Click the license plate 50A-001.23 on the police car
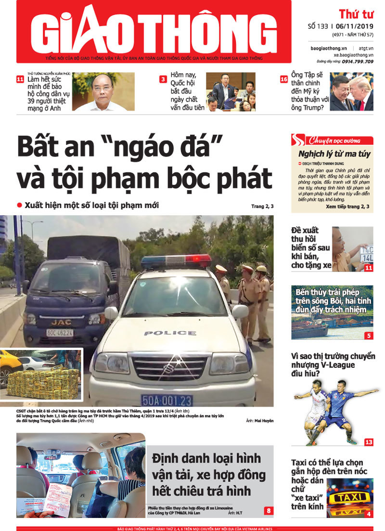pos(167,400)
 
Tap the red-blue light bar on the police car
pos(176,262)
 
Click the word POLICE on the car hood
pos(163,333)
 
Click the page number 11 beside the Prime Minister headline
pos(20,79)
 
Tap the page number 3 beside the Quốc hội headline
pos(163,79)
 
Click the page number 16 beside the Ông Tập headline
pos(284,79)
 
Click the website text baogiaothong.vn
pos(329,49)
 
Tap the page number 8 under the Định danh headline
pos(268,510)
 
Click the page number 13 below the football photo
pos(369,442)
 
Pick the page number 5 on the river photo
pos(369,336)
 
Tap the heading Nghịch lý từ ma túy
pos(334,154)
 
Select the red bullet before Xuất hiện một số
pos(20,206)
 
